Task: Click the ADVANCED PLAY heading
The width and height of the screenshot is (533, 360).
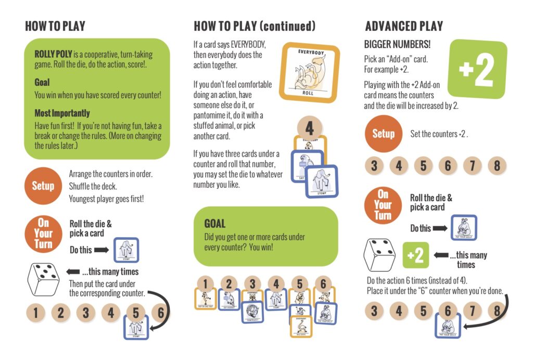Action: pyautogui.click(x=404, y=27)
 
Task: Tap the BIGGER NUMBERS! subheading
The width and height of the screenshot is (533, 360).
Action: pyautogui.click(x=397, y=45)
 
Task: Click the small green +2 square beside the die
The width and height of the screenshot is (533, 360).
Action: pyautogui.click(x=415, y=255)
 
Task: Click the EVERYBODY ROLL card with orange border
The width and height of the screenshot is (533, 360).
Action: pyautogui.click(x=309, y=72)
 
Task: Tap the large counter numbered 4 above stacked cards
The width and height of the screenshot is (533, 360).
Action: pyautogui.click(x=309, y=127)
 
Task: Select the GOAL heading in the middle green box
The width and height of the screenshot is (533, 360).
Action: pyautogui.click(x=214, y=224)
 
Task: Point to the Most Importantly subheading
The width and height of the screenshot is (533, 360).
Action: pyautogui.click(x=62, y=113)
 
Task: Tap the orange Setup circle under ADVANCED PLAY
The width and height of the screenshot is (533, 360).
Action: pyautogui.click(x=384, y=134)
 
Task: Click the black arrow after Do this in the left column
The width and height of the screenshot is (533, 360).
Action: pyautogui.click(x=102, y=250)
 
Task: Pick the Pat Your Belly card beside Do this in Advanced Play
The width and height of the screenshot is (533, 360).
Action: pyautogui.click(x=463, y=228)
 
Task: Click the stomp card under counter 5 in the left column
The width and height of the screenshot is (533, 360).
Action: pyautogui.click(x=136, y=327)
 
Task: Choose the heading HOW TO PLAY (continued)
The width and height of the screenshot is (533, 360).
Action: pyautogui.click(x=255, y=27)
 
